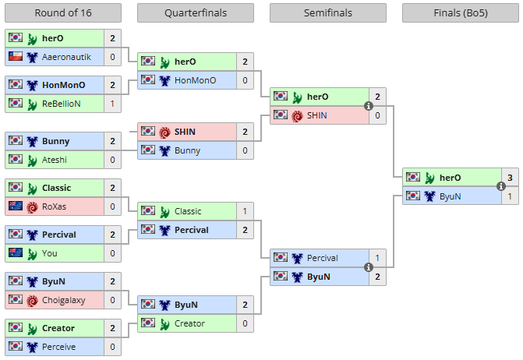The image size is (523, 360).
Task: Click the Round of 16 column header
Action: pos(63,13)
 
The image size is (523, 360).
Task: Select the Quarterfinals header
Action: pos(196,13)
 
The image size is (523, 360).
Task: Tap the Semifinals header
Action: pos(328,13)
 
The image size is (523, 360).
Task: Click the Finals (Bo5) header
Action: pos(461,13)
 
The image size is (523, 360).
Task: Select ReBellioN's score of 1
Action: pos(113,104)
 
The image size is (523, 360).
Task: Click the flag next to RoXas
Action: pos(16,206)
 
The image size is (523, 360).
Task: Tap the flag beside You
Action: pos(16,253)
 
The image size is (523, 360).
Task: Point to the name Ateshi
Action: pos(56,160)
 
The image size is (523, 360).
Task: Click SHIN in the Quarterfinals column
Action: pos(186,132)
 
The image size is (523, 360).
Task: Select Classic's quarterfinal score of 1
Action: pos(246,211)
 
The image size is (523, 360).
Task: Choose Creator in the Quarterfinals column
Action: pos(189,323)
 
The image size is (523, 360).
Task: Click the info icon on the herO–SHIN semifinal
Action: pos(369,107)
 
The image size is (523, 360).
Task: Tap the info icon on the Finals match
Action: pos(501,187)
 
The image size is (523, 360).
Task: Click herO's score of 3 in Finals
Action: pos(511,178)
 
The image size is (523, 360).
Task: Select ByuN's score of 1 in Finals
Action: pos(511,196)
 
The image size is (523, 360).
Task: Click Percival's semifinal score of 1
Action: pos(378,258)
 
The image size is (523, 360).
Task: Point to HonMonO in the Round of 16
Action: pos(64,85)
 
